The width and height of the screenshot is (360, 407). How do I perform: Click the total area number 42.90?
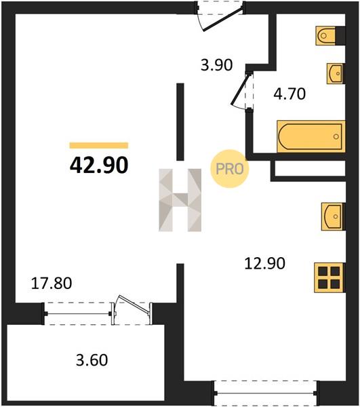pos(99,165)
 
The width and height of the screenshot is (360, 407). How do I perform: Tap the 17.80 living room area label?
pos(52,283)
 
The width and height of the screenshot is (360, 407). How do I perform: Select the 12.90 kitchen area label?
pos(265,263)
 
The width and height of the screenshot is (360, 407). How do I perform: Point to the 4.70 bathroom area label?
pos(289,94)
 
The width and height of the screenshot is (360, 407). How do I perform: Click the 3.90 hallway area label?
pos(216,65)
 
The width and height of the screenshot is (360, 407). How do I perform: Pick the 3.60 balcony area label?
pos(92,360)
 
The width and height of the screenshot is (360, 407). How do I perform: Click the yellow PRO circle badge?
pos(230,169)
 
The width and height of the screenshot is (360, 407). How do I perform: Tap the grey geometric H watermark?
pos(180,200)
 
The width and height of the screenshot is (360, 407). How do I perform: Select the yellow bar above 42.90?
pos(99,145)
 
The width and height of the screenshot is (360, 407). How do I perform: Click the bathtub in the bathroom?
pos(311,136)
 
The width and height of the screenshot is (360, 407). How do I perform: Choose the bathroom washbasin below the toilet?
pos(336,74)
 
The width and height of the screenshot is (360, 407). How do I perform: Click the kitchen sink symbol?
pos(333,216)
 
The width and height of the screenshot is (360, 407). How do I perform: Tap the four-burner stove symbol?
pos(329,277)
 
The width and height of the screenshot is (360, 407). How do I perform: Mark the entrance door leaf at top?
pos(222,19)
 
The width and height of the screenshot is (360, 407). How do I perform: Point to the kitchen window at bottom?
pos(265,393)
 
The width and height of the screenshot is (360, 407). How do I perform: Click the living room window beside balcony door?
pos(78,314)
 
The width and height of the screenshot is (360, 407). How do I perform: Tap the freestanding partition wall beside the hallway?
pos(180,121)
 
